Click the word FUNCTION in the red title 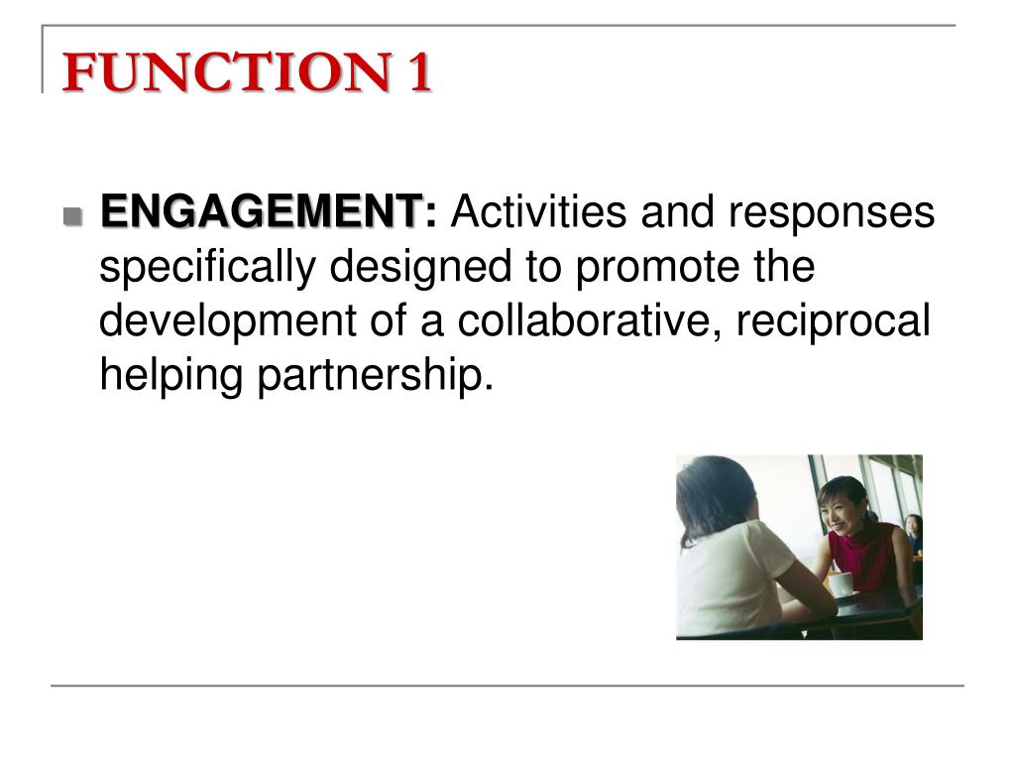[227, 71]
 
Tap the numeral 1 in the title [419, 71]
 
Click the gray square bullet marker [72, 215]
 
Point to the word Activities [538, 211]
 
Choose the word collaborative [589, 320]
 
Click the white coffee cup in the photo [841, 583]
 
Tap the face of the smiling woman [837, 509]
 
